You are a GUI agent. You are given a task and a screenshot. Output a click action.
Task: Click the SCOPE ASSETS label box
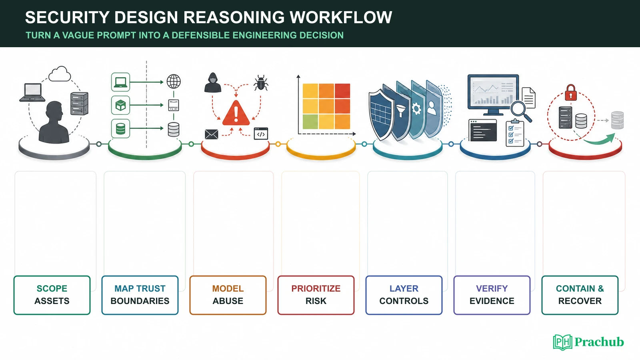point(52,295)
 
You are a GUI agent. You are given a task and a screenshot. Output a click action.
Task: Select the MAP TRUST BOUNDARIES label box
point(140,295)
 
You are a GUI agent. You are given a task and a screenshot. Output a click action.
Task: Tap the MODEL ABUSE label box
point(228,295)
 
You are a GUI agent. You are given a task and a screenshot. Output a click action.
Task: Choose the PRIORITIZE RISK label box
point(316,295)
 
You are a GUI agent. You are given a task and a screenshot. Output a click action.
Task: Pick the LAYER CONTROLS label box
point(404,295)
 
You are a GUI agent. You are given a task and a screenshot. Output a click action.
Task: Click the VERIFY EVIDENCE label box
point(492,295)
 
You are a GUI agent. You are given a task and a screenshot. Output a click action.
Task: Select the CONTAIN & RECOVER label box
point(580,295)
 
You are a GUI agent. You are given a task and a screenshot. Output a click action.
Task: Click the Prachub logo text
point(599,342)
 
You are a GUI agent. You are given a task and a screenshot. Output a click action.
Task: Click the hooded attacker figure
point(213,82)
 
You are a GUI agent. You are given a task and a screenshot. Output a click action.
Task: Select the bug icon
point(260,83)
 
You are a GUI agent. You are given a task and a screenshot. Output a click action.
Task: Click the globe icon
point(174,82)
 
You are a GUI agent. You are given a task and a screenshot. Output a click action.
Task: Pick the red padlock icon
point(571,92)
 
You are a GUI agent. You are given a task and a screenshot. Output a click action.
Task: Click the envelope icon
point(212,134)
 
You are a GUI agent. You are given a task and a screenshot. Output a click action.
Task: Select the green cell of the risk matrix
point(310,122)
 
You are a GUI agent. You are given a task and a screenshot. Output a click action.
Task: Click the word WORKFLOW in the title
point(341,17)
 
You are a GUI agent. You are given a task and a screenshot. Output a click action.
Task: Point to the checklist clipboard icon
point(515,133)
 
